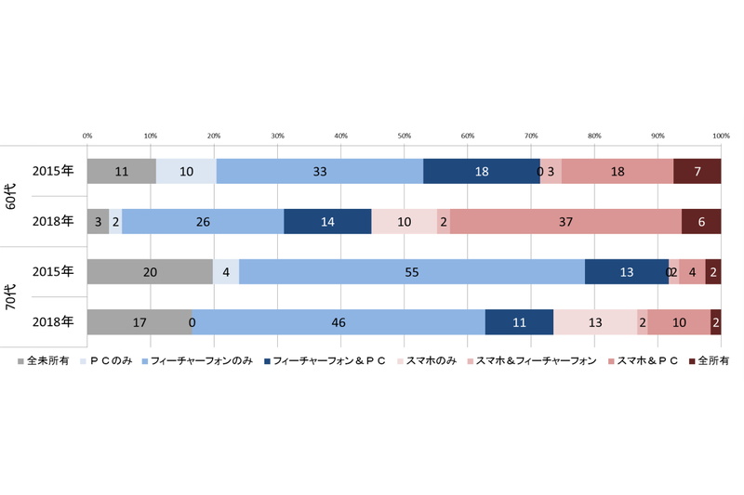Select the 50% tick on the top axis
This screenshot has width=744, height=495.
pos(405,137)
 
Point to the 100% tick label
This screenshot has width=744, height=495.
pos(720,137)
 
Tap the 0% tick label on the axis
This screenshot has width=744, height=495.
pos(87,137)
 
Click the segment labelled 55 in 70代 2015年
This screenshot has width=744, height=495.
pos(412,271)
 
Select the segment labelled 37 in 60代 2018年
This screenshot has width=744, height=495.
pos(565,221)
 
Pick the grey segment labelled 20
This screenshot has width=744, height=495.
pos(150,271)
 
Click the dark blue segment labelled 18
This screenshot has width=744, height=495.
pos(481,171)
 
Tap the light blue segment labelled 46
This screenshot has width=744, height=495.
pos(339,321)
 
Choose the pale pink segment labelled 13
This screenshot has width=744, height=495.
pos(595,321)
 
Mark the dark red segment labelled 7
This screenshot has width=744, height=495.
pos(697,171)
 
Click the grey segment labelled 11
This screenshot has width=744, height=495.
pos(121,171)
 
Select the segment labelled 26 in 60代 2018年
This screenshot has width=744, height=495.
pos(203,221)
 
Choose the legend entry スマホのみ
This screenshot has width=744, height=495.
pos(429,358)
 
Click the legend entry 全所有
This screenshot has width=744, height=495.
pos(711,358)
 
